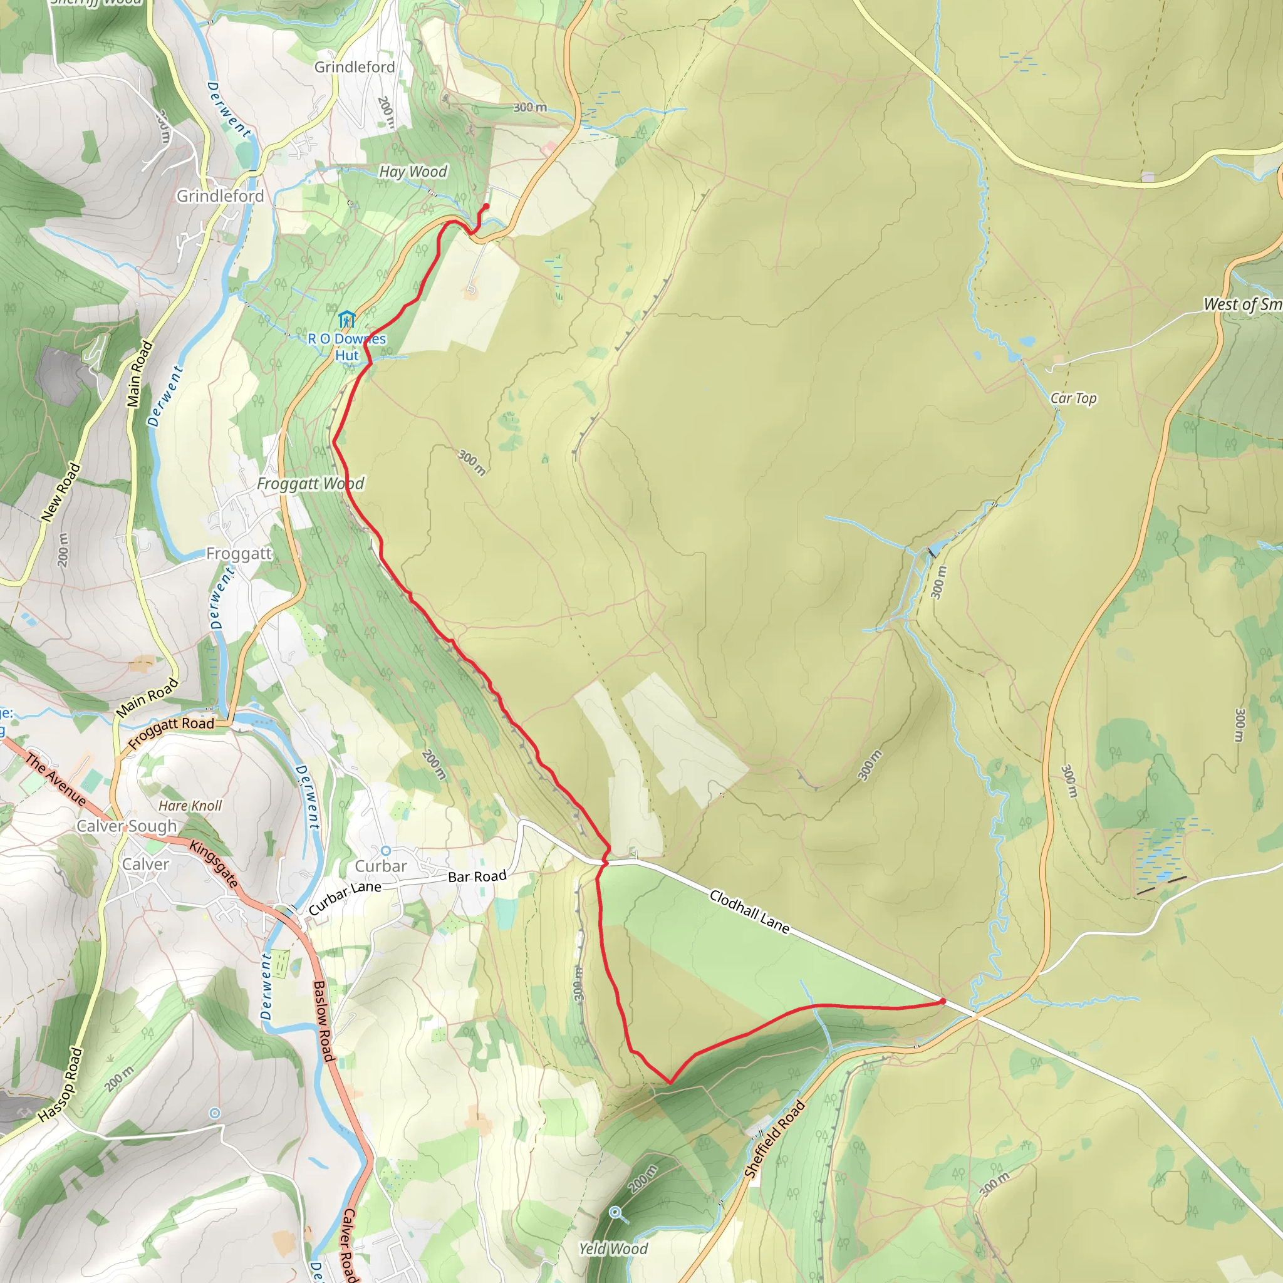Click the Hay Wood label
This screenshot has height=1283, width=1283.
click(x=413, y=171)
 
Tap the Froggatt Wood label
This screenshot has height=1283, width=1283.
click(x=310, y=484)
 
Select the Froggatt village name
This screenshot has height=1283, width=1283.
click(x=239, y=553)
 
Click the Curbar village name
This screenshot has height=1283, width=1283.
click(x=380, y=866)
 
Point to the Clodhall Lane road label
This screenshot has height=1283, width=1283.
click(x=749, y=911)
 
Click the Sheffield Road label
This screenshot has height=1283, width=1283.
click(x=774, y=1138)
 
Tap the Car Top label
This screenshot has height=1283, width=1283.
click(x=1073, y=398)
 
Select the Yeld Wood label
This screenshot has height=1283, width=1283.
click(x=613, y=1249)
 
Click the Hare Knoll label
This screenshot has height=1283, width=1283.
click(x=190, y=806)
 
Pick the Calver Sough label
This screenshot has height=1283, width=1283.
click(x=127, y=826)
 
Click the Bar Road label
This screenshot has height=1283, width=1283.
click(x=477, y=876)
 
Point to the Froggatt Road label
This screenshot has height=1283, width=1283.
click(x=171, y=732)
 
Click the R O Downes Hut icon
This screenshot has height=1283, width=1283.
click(x=346, y=319)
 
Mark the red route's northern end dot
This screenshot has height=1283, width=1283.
click(x=486, y=207)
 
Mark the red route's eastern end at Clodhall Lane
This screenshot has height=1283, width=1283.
click(x=942, y=1000)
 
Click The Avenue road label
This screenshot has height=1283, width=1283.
click(x=56, y=779)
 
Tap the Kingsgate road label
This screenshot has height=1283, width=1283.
click(x=214, y=864)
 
